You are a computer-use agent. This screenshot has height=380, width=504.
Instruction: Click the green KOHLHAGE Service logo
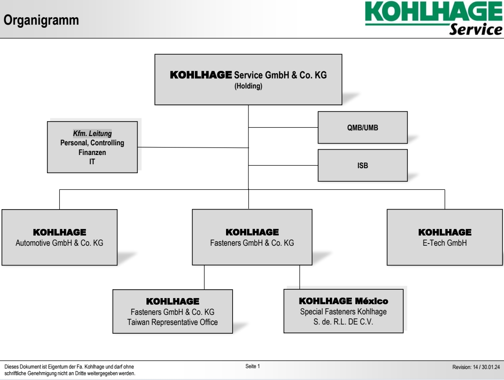point(434,18)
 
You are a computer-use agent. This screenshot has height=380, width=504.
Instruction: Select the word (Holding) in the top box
point(248,86)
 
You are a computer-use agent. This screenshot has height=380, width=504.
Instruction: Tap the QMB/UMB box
point(362,127)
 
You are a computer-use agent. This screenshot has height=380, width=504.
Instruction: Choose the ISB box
point(362,166)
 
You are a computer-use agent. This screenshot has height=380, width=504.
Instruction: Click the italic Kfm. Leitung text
point(92,133)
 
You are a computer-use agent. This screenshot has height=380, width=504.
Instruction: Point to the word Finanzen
point(92,152)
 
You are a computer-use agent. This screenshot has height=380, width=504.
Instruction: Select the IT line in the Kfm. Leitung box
point(92,162)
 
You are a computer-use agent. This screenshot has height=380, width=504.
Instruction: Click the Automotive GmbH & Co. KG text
point(59,243)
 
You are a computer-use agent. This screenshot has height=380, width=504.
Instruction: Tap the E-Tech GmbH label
point(445,243)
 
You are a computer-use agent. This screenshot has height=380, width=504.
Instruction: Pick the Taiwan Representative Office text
point(172,322)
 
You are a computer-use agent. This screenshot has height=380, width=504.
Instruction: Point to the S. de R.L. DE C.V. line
point(343,322)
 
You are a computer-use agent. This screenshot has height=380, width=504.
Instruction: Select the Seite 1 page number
point(252,366)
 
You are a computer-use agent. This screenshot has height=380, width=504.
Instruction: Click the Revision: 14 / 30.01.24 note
point(476,367)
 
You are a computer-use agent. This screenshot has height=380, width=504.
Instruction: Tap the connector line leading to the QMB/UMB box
point(283,127)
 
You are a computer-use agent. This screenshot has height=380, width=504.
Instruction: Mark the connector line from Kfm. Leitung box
point(193,148)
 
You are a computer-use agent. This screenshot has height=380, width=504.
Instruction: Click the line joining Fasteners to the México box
point(299,277)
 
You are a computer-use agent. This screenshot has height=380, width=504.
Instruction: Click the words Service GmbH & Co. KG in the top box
point(280,75)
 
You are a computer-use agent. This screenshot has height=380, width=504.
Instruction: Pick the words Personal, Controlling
point(92,143)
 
